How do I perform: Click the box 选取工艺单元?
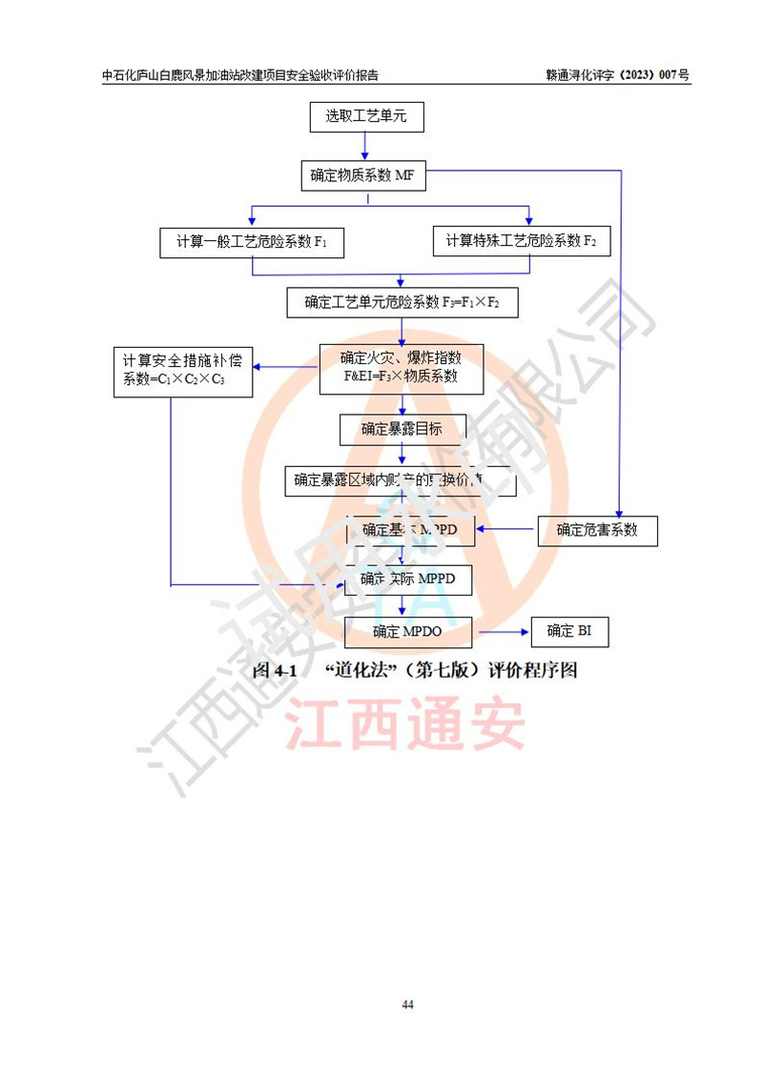click(x=366, y=117)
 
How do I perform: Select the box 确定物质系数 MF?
click(x=361, y=175)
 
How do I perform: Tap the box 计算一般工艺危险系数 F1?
click(x=252, y=242)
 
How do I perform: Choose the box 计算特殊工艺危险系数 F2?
click(x=521, y=241)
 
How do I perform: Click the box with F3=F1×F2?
click(x=402, y=303)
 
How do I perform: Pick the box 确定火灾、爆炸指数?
click(x=401, y=368)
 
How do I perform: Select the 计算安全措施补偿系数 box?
click(x=181, y=370)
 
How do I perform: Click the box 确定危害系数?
click(x=597, y=530)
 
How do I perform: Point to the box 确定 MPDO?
click(x=409, y=631)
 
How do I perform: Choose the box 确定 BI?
click(x=568, y=631)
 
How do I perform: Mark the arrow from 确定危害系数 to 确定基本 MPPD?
click(x=506, y=529)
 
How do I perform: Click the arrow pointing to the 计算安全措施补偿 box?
click(x=285, y=368)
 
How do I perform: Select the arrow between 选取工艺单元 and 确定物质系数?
click(x=366, y=147)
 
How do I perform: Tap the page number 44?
click(x=407, y=1005)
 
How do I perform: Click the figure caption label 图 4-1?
click(x=276, y=670)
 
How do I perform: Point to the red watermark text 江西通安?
click(x=407, y=725)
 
